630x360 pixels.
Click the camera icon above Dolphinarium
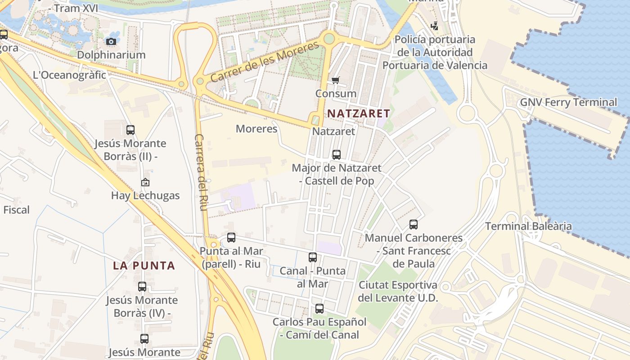coord(111,42)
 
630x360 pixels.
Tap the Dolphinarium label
coord(111,55)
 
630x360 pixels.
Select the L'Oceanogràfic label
coord(69,75)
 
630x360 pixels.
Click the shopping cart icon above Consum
coord(335,81)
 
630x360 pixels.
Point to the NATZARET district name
coord(358,113)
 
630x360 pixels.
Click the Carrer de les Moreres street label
coord(265,62)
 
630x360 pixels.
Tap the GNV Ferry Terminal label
coord(568,102)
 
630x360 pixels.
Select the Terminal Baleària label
coord(528,226)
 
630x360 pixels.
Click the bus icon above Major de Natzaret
coord(336,155)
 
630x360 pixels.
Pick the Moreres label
coord(256,129)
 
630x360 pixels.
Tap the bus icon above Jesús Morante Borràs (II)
coord(130,130)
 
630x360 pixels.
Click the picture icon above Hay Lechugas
coord(145,182)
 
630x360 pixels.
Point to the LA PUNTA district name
coord(144,265)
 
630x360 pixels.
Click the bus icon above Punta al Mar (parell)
coord(231,238)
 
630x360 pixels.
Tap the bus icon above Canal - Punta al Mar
coord(313,257)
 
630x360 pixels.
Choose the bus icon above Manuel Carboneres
coord(413,224)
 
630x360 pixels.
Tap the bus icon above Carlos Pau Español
coord(319,309)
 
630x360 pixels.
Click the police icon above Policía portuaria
coord(434,26)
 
